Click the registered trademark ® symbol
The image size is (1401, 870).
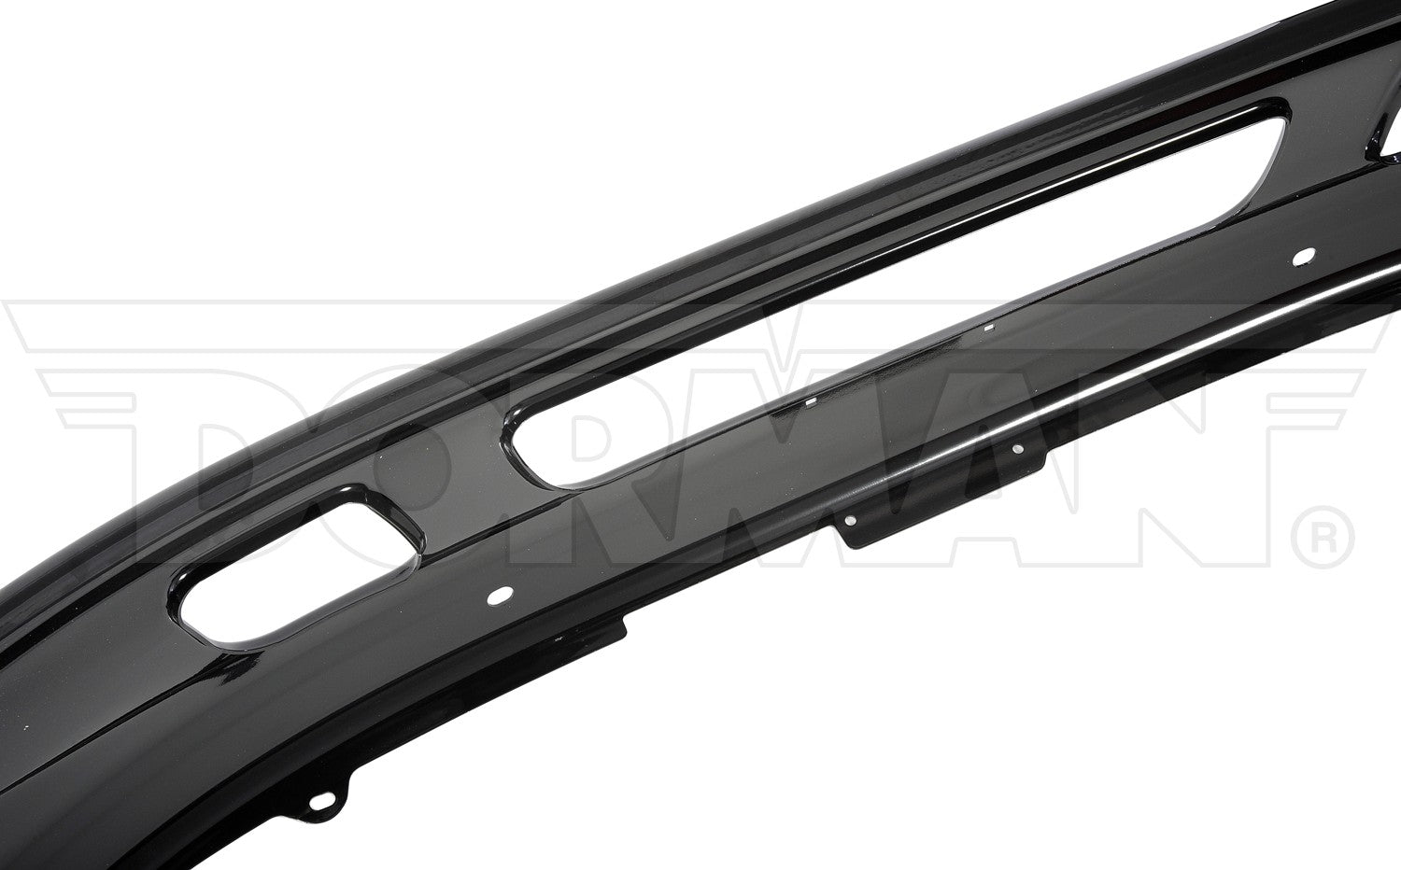1321,537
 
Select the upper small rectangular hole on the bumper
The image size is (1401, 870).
989,327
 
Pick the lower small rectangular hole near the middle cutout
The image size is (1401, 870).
812,402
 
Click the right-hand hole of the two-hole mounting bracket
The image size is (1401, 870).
1018,449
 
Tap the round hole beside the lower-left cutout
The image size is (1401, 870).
500,595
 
